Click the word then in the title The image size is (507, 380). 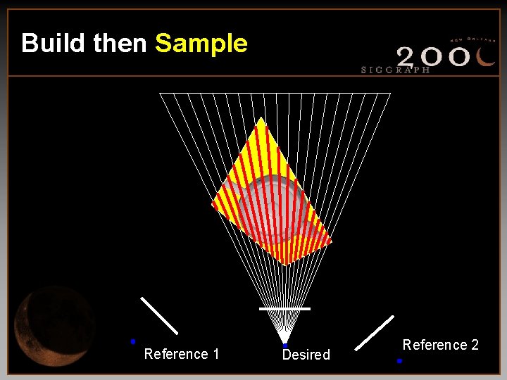tap(120, 43)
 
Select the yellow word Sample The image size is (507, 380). tap(201, 43)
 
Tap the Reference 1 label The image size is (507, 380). tap(182, 354)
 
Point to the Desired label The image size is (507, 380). tap(306, 355)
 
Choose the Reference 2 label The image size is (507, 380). tap(441, 345)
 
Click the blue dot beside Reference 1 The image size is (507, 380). tap(132, 341)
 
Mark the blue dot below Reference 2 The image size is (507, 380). tap(399, 360)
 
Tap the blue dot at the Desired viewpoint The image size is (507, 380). tap(284, 346)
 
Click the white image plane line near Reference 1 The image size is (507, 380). tap(159, 315)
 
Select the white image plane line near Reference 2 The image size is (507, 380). tap(375, 332)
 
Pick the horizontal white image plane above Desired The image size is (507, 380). tap(284, 309)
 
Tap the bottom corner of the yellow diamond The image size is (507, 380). tap(284, 265)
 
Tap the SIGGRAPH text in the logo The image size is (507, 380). tap(395, 70)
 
